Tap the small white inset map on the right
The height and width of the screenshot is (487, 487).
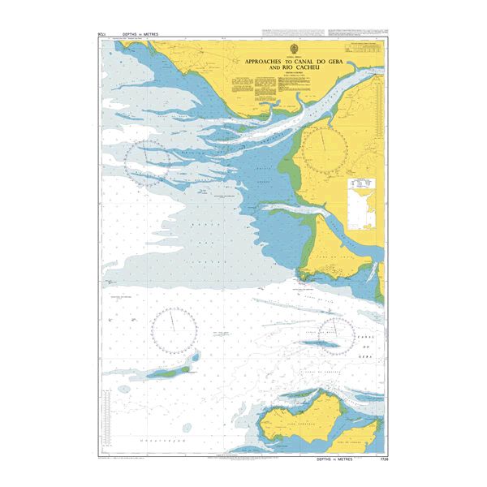[363, 206]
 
